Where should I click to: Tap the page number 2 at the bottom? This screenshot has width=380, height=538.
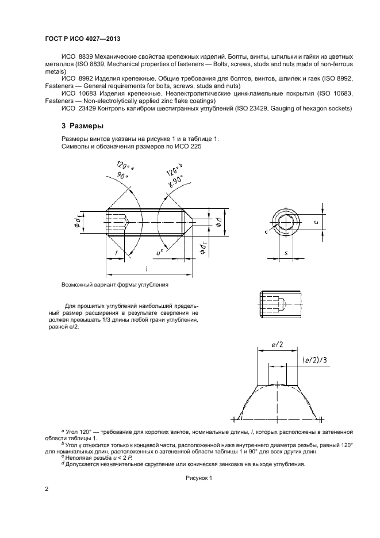(47, 489)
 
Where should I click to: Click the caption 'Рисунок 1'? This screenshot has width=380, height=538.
(199, 478)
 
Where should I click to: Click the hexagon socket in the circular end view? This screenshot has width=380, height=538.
(287, 222)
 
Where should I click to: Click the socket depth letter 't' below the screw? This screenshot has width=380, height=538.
(117, 252)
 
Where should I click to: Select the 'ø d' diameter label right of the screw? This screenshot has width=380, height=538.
(218, 222)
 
